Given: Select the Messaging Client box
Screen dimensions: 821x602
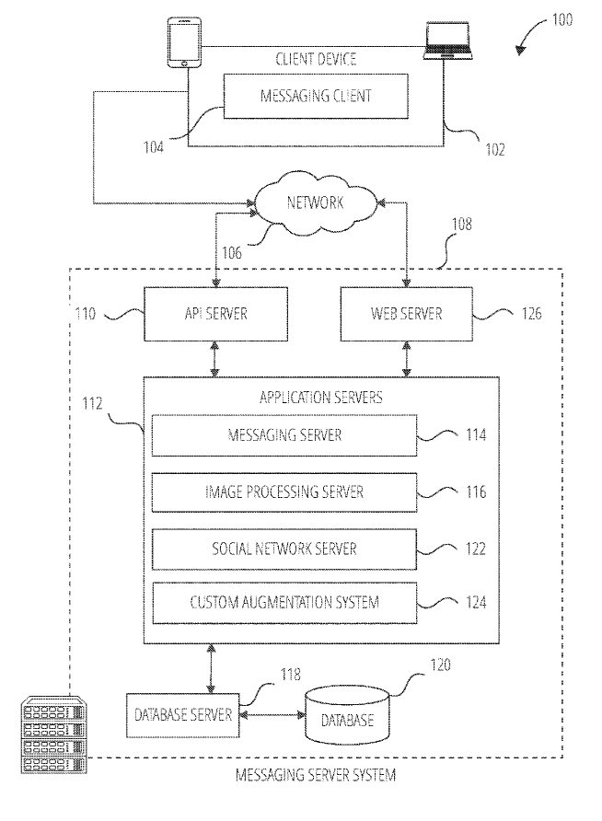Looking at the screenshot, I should click(315, 95).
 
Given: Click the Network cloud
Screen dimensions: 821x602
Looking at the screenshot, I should click(315, 202).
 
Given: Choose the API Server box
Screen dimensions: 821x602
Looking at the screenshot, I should click(215, 314).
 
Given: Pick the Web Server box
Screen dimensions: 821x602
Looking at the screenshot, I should click(406, 314).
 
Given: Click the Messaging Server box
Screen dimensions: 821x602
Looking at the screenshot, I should click(284, 434).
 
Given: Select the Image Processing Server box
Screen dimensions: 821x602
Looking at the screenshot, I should click(284, 492).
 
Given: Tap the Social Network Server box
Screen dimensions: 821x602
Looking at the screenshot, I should click(284, 549).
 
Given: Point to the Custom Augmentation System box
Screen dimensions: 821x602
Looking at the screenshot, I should click(284, 604).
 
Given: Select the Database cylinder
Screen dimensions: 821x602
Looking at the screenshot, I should click(347, 715).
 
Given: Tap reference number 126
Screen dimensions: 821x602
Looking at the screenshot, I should click(531, 314).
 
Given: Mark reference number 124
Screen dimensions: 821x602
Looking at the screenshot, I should click(475, 604).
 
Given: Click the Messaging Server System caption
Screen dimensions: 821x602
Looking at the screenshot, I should click(316, 776).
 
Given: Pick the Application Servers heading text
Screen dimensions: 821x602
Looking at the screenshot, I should click(321, 398).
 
